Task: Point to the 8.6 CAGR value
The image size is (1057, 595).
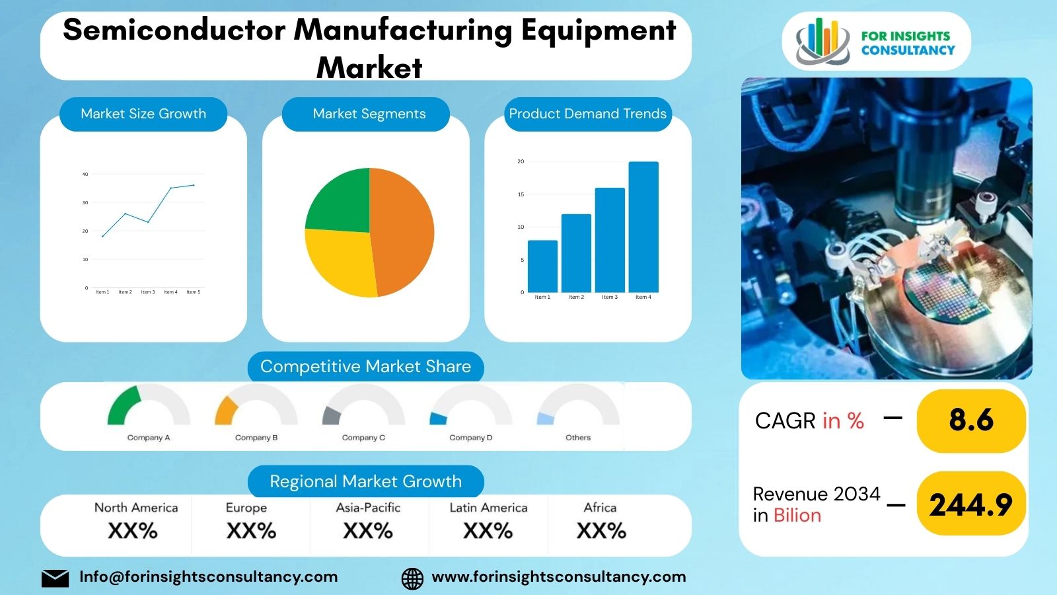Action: pos(970,420)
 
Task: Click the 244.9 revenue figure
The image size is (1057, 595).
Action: pos(970,505)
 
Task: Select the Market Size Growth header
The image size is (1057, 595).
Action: pos(143,114)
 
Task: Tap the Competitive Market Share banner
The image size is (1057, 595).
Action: pos(365,366)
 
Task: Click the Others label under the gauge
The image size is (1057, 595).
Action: pos(578,438)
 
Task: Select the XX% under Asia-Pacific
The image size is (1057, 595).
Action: pos(368,531)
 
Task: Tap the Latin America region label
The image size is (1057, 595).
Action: pos(488,508)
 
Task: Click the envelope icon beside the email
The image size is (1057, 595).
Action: pos(55,578)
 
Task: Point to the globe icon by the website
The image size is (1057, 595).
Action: pos(412,578)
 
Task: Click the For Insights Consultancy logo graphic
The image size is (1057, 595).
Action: pos(822,42)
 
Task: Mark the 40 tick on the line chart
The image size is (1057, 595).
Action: pos(85,175)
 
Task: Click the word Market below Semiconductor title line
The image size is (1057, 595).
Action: pos(369,67)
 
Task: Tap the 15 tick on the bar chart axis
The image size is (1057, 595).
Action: pos(521,194)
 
